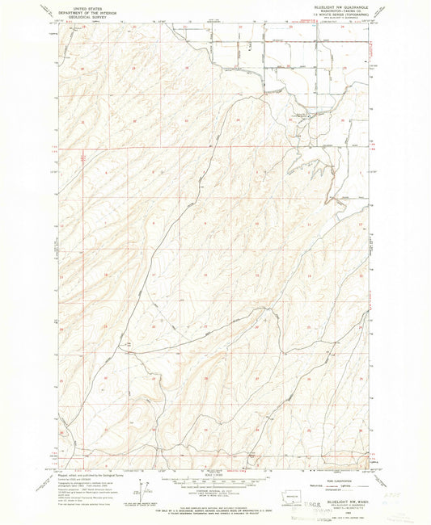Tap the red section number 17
pos(153,275)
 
